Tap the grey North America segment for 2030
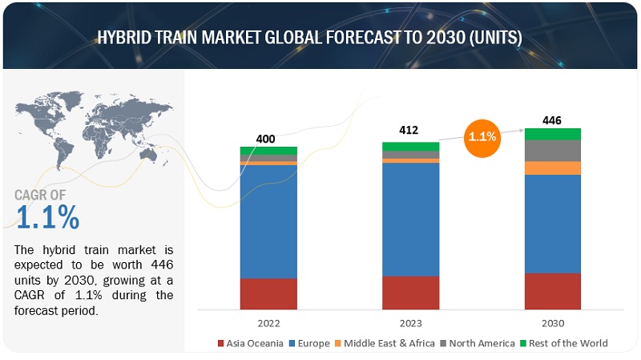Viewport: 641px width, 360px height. [x=552, y=150]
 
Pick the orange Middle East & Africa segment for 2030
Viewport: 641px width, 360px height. [x=552, y=168]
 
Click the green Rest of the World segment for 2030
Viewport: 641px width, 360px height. [x=552, y=134]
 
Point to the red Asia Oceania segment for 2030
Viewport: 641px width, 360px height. [x=552, y=291]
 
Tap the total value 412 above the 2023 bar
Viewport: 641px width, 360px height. [x=409, y=130]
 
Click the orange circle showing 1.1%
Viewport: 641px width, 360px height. [x=482, y=137]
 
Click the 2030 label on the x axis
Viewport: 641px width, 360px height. [x=552, y=323]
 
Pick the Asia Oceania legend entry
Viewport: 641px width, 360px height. [x=250, y=343]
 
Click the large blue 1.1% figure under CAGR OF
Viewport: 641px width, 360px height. [x=47, y=216]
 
